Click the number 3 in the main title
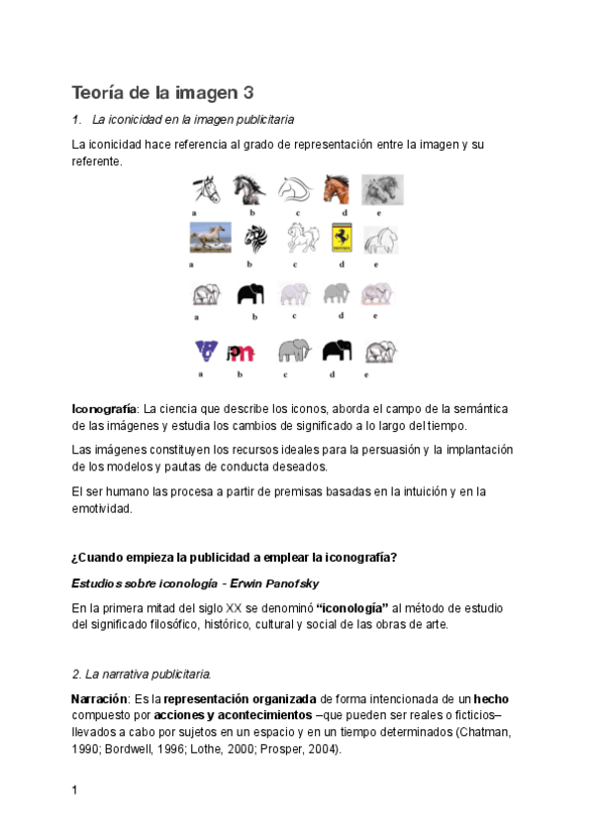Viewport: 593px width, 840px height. point(247,93)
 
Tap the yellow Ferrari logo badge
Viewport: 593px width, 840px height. point(342,238)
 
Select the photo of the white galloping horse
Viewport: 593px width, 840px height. point(210,238)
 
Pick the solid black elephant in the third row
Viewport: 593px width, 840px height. point(251,293)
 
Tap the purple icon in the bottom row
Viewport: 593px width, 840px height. point(207,350)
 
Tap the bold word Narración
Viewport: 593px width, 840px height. point(101,698)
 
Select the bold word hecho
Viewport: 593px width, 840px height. point(491,698)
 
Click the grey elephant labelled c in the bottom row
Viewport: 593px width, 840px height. point(294,351)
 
